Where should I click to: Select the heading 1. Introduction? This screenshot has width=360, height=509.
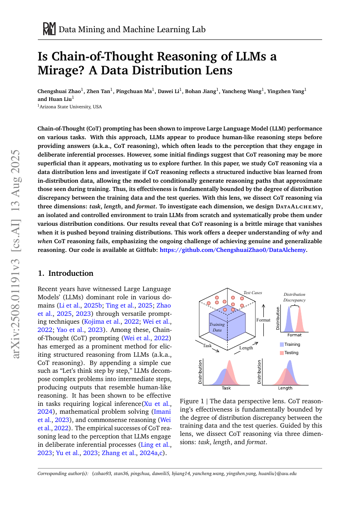click(66, 273)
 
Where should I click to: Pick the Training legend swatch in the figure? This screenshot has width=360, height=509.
click(282, 345)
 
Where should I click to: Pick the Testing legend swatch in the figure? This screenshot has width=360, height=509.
click(282, 352)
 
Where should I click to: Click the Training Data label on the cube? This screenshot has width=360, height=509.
click(217, 327)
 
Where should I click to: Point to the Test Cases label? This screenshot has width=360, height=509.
click(252, 293)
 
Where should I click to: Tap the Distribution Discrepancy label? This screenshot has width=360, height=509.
click(294, 297)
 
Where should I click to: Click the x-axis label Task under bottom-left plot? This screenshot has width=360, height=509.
click(226, 388)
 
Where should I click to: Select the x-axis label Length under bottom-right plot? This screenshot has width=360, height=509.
click(285, 388)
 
